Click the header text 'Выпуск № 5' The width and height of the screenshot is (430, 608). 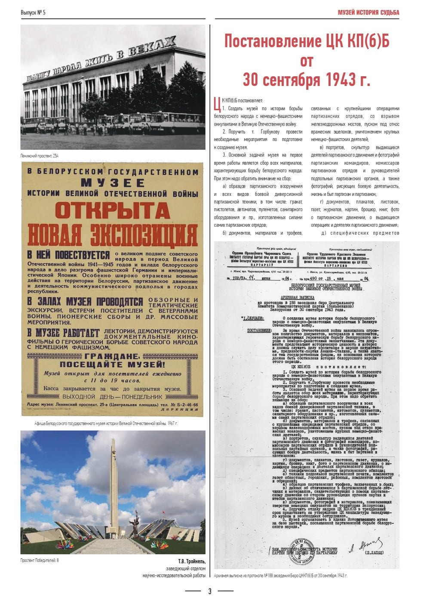pyautogui.click(x=33, y=12)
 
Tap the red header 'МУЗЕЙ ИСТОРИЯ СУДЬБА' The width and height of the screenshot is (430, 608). pyautogui.click(x=368, y=12)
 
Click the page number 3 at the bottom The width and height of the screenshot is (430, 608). pyautogui.click(x=210, y=591)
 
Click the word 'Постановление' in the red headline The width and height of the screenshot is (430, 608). pyautogui.click(x=273, y=41)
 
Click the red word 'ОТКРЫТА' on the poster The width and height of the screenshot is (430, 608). pyautogui.click(x=112, y=210)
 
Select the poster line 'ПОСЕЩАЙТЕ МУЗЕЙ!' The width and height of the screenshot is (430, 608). pyautogui.click(x=112, y=364)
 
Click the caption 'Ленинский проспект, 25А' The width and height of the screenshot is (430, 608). pyautogui.click(x=40, y=156)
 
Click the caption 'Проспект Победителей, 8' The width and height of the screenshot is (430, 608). pyautogui.click(x=40, y=560)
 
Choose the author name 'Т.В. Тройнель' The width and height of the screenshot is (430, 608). pyautogui.click(x=191, y=562)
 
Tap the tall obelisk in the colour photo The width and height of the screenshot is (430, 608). pyautogui.click(x=114, y=486)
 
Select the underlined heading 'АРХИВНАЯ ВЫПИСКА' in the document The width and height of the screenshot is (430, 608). pyautogui.click(x=297, y=297)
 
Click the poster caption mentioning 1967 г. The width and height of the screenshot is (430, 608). pyautogui.click(x=106, y=423)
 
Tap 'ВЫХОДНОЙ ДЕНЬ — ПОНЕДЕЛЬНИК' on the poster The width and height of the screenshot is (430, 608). pyautogui.click(x=112, y=397)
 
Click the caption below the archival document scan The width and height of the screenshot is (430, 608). pyautogui.click(x=280, y=575)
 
